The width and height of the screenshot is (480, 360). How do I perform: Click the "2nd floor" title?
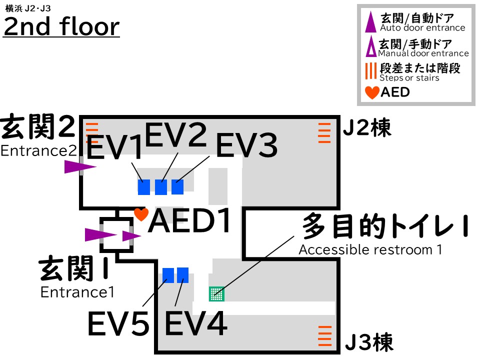(61, 26)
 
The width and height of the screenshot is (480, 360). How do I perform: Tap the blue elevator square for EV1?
(144, 187)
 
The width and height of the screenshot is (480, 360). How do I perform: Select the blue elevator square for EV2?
(161, 187)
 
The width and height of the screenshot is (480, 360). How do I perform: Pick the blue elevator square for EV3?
(177, 186)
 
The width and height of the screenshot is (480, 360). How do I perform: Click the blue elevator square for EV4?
(183, 275)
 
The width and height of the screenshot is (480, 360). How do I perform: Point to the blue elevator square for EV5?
(168, 275)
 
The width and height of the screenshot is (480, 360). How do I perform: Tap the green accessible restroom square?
(216, 293)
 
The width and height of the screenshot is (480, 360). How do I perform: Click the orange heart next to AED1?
(141, 214)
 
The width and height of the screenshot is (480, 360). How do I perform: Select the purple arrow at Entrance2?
(80, 167)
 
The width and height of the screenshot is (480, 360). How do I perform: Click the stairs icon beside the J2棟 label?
(324, 133)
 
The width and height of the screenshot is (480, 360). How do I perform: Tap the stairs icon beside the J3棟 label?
(325, 336)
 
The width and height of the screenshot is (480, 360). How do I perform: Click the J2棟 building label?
(367, 129)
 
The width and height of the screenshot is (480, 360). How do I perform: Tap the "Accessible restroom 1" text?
(370, 249)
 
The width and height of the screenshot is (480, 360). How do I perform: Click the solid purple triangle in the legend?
(370, 22)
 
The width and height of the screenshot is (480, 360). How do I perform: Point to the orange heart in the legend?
(372, 92)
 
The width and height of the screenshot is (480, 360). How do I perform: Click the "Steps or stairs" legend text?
(409, 78)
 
